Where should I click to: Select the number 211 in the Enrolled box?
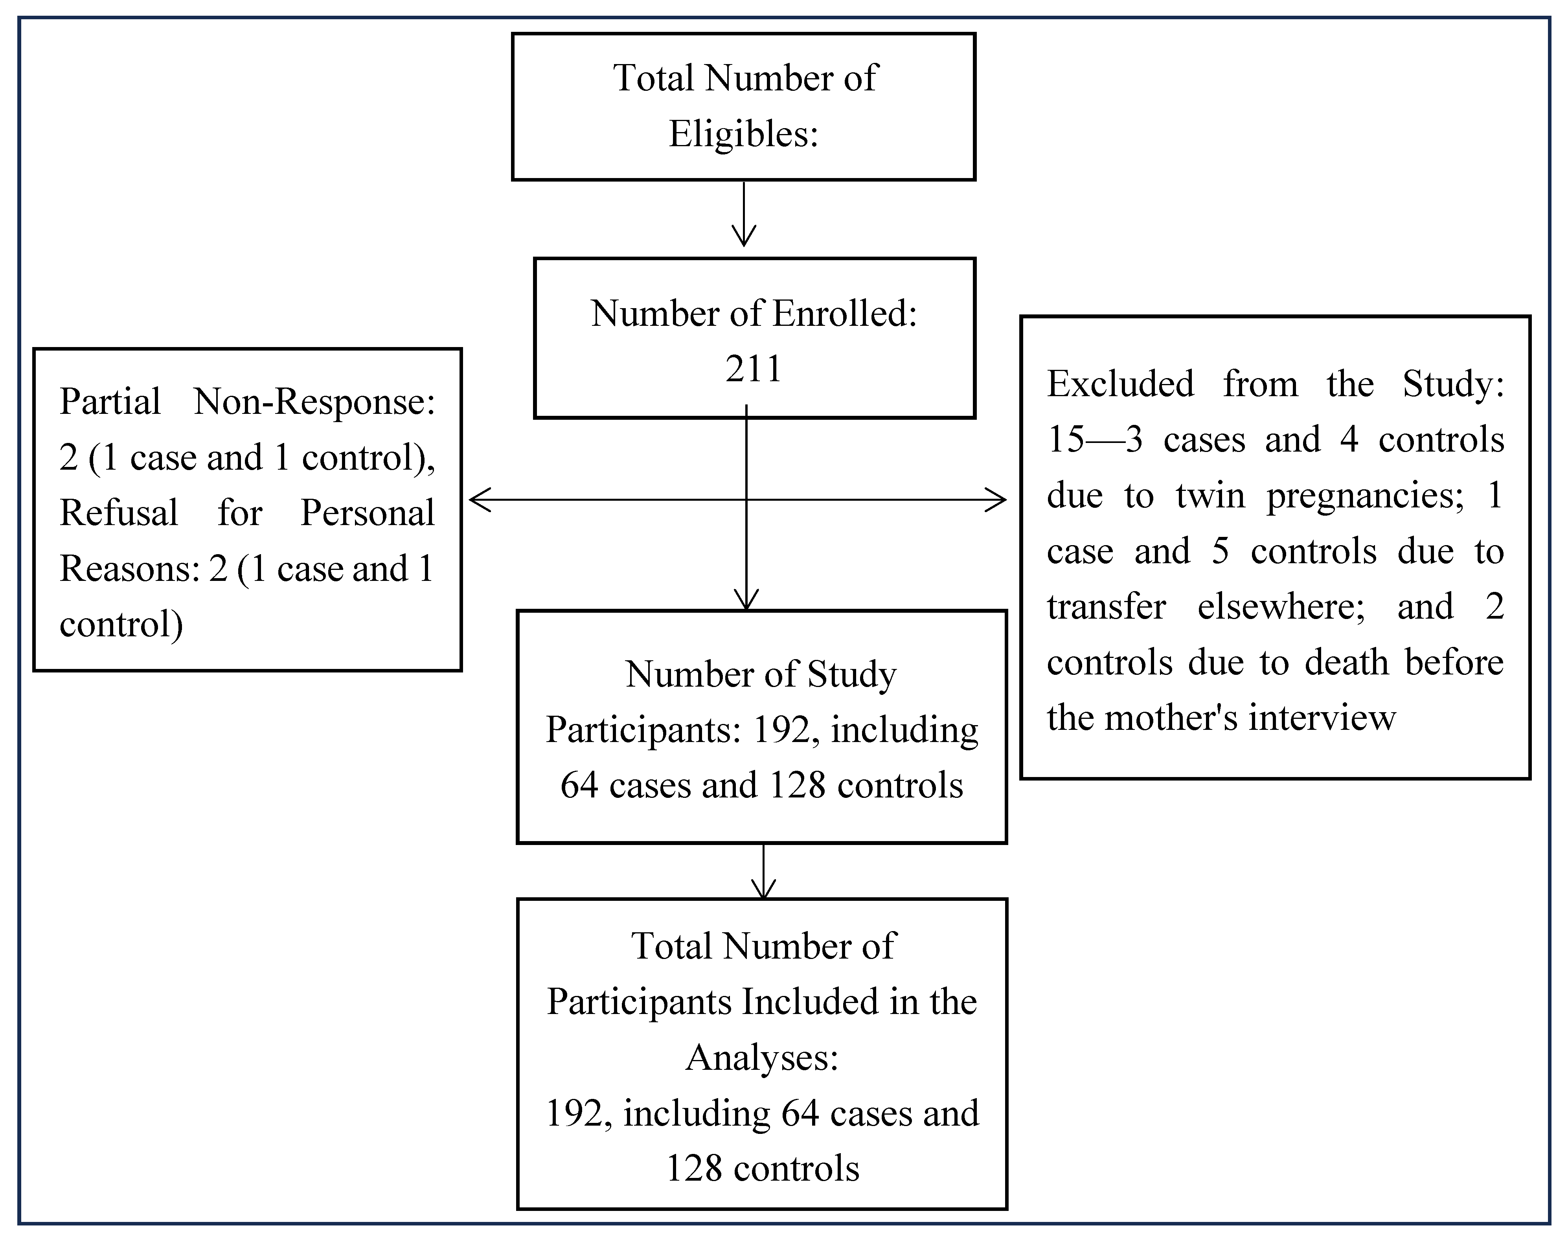click(x=754, y=369)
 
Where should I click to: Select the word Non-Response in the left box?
click(x=314, y=401)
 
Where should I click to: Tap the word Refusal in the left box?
click(x=118, y=513)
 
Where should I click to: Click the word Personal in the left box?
click(x=367, y=513)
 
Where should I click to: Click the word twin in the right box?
click(x=1210, y=496)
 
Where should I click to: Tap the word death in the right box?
click(x=1347, y=662)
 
